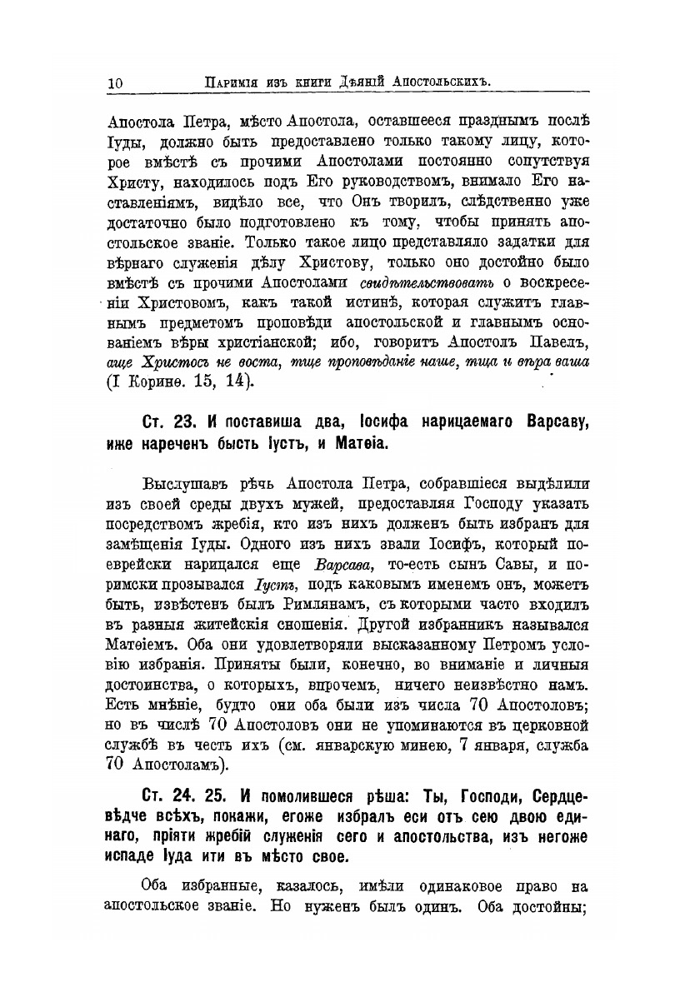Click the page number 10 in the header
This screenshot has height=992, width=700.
point(115,82)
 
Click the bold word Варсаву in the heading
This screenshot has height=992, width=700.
point(551,422)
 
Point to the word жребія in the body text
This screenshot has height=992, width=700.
point(245,525)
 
